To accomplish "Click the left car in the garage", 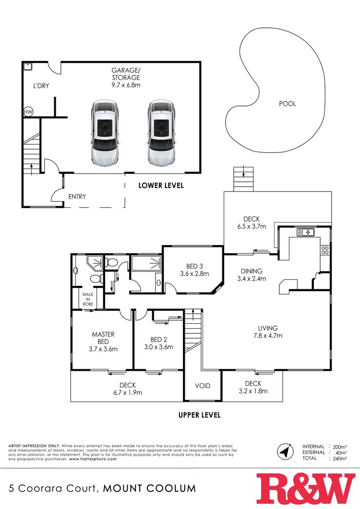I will [x=104, y=132].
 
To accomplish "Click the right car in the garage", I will [x=161, y=132].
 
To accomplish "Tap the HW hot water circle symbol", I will [x=27, y=112].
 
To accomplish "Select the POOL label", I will [x=288, y=104].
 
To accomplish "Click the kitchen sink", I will [x=305, y=233].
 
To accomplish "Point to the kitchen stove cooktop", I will [x=325, y=249].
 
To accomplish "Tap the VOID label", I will [x=203, y=386].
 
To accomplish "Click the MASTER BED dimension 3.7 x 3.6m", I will [x=103, y=349].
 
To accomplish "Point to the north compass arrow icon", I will [x=284, y=451].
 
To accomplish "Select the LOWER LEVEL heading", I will [x=161, y=185].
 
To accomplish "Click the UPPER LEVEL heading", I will [x=199, y=415].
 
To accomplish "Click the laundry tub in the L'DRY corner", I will [x=28, y=67].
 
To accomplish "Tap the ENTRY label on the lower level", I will [x=77, y=197].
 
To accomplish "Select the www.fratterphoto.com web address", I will [x=93, y=459].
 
